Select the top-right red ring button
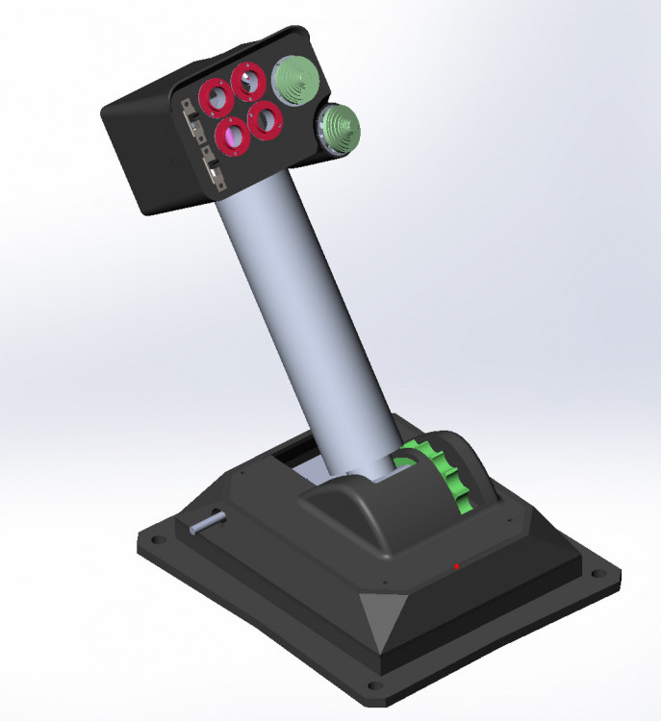[x=250, y=82]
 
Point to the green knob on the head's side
[x=337, y=126]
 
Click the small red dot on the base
[x=457, y=566]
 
